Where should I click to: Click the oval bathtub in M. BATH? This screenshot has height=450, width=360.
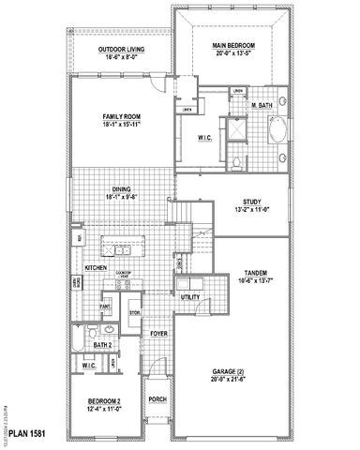tap(279, 136)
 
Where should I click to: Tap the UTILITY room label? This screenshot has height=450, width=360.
tap(191, 297)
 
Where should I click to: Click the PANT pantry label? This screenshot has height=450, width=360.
tap(107, 307)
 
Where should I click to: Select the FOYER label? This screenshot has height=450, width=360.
tap(157, 331)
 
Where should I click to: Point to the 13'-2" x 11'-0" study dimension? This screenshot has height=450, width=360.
tap(251, 209)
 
